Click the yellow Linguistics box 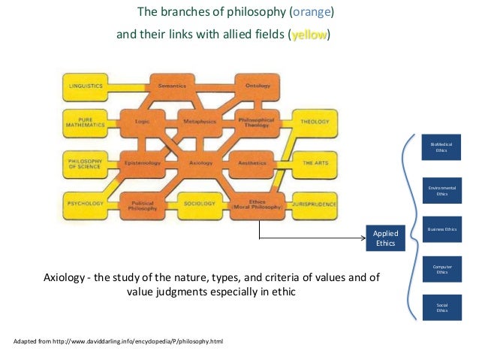coord(86,86)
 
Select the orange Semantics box coord(172,86)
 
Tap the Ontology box coord(258,86)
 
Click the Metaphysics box coord(200,121)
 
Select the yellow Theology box coord(314,121)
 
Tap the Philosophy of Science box coord(85,163)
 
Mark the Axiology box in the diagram coord(200,163)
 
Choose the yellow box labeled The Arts coord(314,163)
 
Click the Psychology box coord(85,204)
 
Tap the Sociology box coord(200,204)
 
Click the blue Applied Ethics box coord(385,237)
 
